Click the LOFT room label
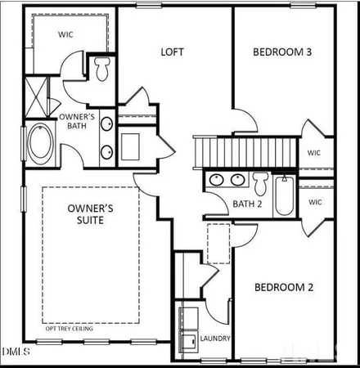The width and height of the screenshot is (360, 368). (x=172, y=52)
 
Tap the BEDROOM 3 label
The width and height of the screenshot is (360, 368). (x=281, y=52)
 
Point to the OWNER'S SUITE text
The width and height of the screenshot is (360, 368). (x=86, y=214)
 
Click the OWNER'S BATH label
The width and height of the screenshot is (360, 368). (x=78, y=122)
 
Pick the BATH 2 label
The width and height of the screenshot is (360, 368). (x=247, y=204)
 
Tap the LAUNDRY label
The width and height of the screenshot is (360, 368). (x=215, y=339)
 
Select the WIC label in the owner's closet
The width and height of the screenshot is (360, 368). (x=66, y=35)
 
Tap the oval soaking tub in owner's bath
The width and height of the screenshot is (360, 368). (x=38, y=144)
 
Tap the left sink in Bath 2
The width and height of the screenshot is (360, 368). (x=217, y=180)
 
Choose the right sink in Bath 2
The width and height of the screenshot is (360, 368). (x=238, y=180)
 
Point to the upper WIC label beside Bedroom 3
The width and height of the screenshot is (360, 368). (x=313, y=152)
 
